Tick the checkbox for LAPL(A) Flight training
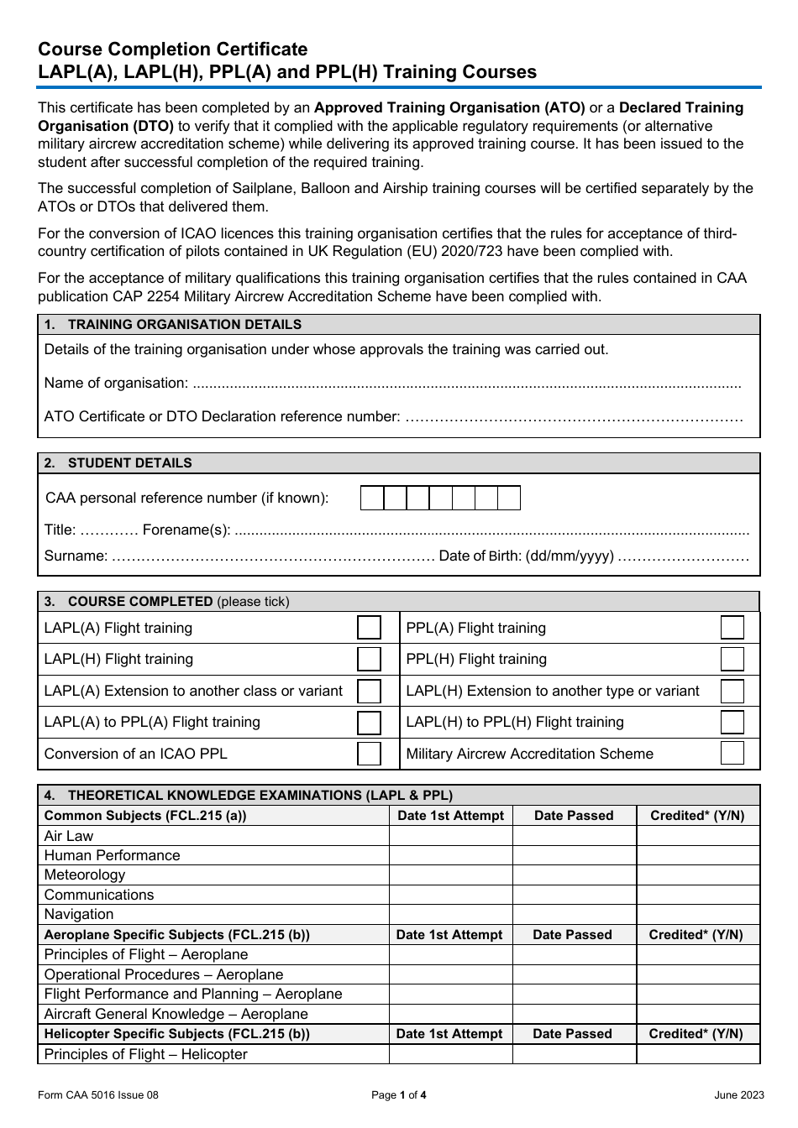tap(369, 628)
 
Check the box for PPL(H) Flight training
tap(732, 659)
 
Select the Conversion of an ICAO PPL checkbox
tap(369, 754)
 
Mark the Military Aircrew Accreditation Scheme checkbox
tap(732, 753)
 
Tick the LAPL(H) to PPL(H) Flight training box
tap(732, 722)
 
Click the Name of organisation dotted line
tap(466, 384)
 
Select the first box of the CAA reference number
tap(372, 498)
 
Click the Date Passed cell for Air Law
tap(574, 836)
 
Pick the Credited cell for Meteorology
tap(697, 875)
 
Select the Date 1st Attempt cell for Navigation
tap(450, 914)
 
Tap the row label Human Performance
tap(112, 855)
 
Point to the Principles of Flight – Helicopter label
tap(145, 1054)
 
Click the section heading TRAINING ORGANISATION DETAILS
tap(184, 325)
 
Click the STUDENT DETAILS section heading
tap(129, 463)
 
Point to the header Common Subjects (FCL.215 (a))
tap(144, 815)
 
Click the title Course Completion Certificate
tap(173, 50)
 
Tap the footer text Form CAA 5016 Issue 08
tap(97, 1094)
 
